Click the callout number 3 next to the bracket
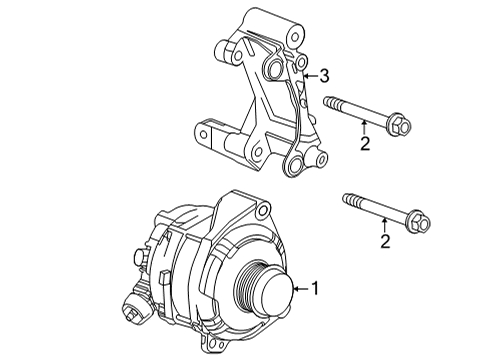(323, 75)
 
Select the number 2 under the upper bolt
(366, 145)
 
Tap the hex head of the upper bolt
(399, 126)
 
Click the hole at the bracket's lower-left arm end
(203, 130)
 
